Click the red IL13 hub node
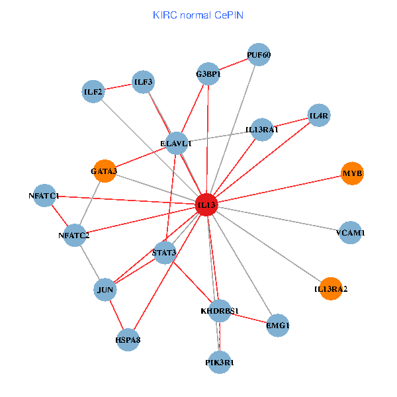[x=208, y=205]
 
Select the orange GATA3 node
[x=105, y=171]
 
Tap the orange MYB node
[x=353, y=173]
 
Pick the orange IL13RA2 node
[x=330, y=288]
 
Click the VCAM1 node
[x=350, y=233]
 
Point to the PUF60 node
[x=259, y=55]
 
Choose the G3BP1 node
[x=208, y=73]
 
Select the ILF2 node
[x=93, y=91]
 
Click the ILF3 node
[x=143, y=82]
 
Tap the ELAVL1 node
[x=177, y=143]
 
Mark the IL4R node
[x=319, y=116]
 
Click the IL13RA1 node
[x=262, y=130]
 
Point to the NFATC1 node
[x=44, y=196]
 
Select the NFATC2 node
[x=73, y=236]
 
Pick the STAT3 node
[x=165, y=252]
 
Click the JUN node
[x=106, y=290]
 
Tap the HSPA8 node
[x=128, y=339]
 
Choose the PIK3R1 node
[x=220, y=362]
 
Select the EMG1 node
[x=278, y=325]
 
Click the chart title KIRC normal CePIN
[x=198, y=15]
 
